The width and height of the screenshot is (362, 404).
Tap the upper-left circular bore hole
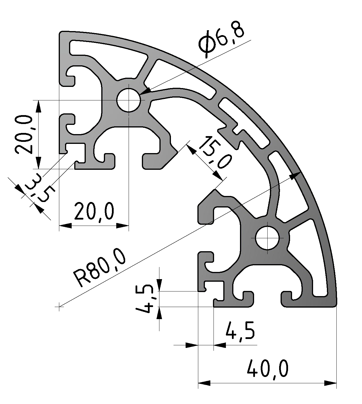tap(128, 100)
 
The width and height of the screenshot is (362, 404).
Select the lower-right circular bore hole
tap(268, 238)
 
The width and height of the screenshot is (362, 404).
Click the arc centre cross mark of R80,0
tap(59, 307)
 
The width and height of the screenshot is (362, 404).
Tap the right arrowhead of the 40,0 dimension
tap(331, 383)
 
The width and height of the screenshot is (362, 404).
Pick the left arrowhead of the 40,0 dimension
tap(204, 383)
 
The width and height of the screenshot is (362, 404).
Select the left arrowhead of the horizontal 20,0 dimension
tap(65, 226)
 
